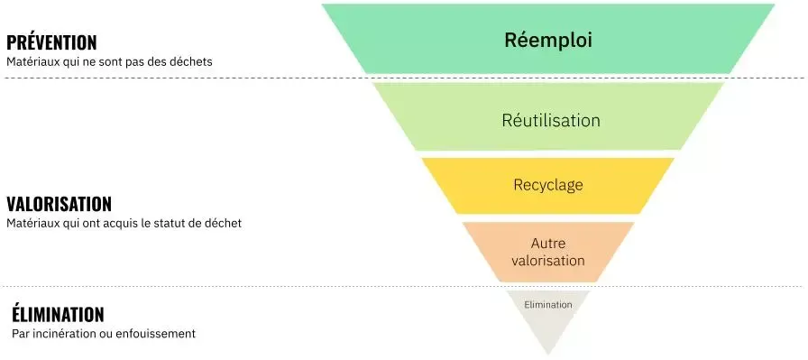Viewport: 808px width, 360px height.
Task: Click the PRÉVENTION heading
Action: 51,42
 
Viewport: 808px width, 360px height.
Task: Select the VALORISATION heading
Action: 60,204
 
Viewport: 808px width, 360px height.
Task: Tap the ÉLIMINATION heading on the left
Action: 58,314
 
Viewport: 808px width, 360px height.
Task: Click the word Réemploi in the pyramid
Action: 548,41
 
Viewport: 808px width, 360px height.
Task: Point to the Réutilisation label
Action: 551,121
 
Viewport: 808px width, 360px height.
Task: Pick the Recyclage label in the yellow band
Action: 548,185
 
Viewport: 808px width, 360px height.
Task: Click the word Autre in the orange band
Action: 547,243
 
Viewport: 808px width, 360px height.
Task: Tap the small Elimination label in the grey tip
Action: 547,305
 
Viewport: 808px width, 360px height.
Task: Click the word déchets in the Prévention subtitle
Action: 191,61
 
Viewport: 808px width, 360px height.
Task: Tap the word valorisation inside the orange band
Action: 547,260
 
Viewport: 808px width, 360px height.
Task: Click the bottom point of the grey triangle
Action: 548,355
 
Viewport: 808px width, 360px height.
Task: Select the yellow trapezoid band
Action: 547,186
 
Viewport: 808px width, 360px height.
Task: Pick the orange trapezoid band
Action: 548,253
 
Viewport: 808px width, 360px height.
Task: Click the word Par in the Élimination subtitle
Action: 20,334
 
